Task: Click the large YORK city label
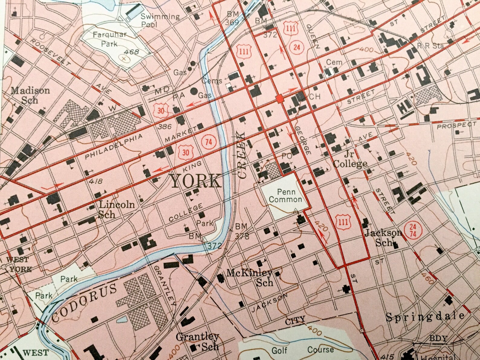[196, 181]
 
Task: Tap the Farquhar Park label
[109, 39]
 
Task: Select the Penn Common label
[285, 196]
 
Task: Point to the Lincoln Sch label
[116, 209]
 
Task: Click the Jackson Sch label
[383, 237]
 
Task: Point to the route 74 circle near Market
[209, 142]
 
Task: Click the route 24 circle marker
[297, 47]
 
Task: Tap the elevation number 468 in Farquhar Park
[132, 52]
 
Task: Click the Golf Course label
[303, 350]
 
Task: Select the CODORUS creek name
[84, 303]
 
